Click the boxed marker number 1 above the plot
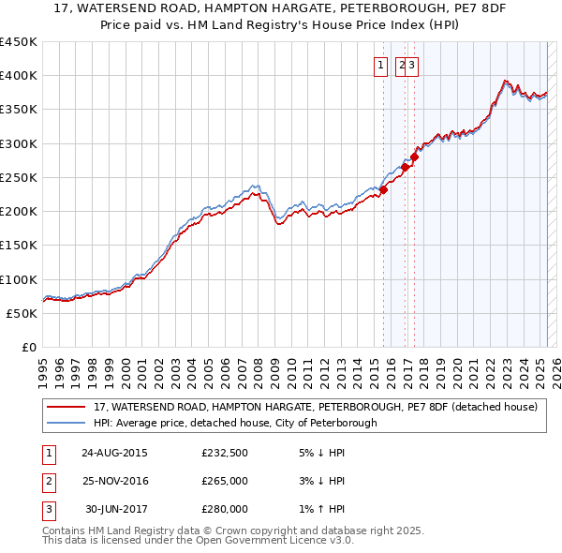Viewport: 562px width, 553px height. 382,65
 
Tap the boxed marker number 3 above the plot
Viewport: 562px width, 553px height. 412,65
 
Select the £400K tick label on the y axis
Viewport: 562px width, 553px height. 19,76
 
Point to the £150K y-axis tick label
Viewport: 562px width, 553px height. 19,245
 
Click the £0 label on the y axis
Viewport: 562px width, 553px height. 29,347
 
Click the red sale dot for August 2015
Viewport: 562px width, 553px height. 384,190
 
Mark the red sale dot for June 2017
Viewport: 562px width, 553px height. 414,157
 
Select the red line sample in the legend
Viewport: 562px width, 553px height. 65,408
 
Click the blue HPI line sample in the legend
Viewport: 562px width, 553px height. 65,423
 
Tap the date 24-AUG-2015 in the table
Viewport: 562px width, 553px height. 114,453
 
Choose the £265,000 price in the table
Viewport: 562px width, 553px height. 225,481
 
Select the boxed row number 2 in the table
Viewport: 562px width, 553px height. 47,481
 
